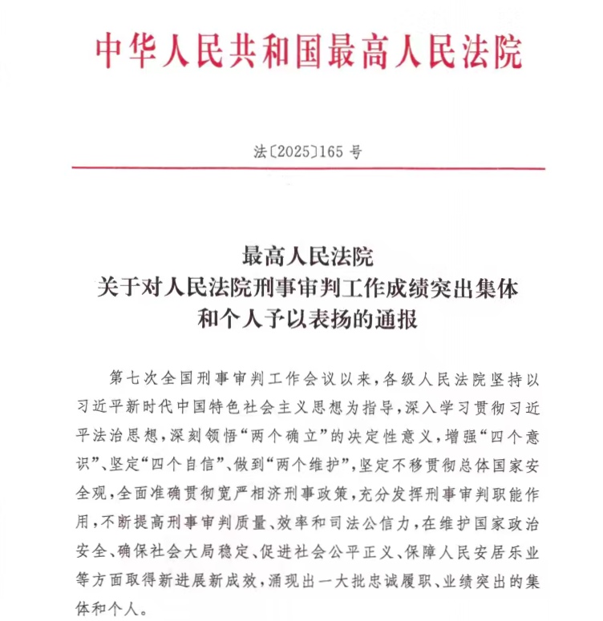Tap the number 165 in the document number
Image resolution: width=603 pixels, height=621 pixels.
click(331, 150)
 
